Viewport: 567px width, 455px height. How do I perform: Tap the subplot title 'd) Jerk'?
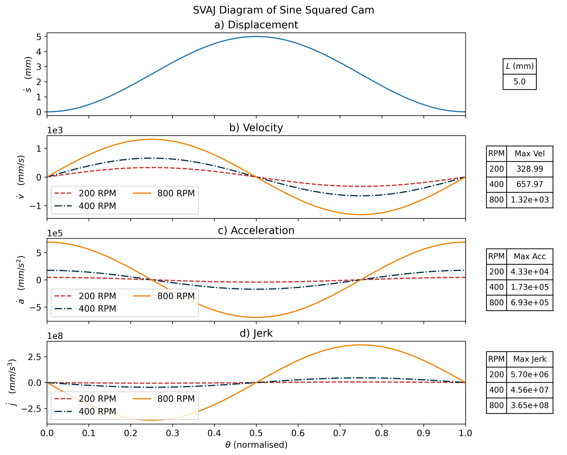[x=256, y=333]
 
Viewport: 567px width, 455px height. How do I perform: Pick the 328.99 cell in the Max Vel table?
[x=529, y=169]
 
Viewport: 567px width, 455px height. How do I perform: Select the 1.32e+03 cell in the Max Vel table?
[x=529, y=200]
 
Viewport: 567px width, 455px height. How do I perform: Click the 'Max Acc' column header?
[x=529, y=256]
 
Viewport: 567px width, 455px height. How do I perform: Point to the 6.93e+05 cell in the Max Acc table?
[x=529, y=303]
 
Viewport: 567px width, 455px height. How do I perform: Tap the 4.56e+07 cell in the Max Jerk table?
[x=529, y=390]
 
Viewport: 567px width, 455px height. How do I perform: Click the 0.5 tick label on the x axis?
[x=256, y=433]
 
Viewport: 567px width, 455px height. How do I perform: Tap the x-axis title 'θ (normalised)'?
[x=256, y=445]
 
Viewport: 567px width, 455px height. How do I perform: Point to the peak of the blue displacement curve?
[x=256, y=37]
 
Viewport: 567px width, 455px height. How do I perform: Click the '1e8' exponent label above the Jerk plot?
[x=55, y=336]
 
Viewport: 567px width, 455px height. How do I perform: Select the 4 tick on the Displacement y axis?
[x=39, y=52]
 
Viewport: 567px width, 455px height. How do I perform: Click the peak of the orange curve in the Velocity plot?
[x=152, y=139]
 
